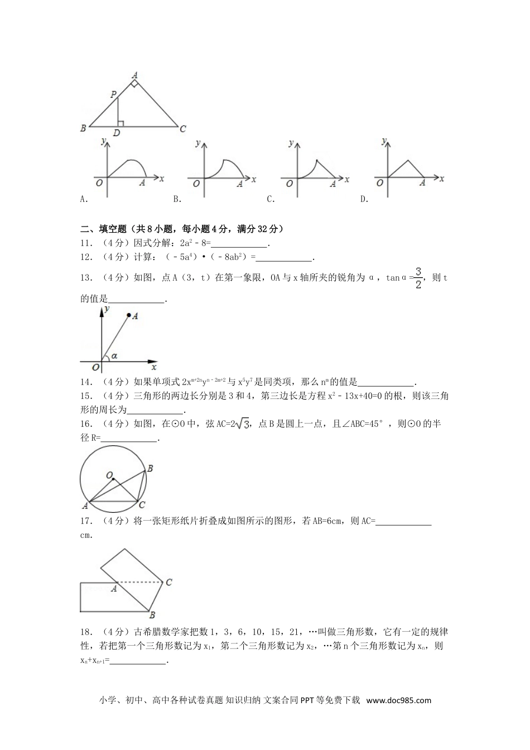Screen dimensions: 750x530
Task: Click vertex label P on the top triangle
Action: coord(113,95)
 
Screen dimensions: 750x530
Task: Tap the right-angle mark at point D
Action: coord(121,123)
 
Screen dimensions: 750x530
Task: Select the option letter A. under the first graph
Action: coord(84,199)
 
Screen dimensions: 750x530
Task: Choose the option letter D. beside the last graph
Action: coord(364,199)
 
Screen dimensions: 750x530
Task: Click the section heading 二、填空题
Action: coord(106,229)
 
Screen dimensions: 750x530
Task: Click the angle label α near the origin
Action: coord(114,355)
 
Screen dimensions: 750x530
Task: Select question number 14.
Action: coord(86,382)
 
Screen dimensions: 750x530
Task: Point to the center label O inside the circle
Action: coord(109,475)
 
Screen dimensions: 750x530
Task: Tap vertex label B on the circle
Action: coord(150,469)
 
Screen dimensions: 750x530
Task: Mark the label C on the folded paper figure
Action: coord(168,582)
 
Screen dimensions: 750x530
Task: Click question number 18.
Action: coord(86,632)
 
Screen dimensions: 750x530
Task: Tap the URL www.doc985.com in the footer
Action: coord(399,700)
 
